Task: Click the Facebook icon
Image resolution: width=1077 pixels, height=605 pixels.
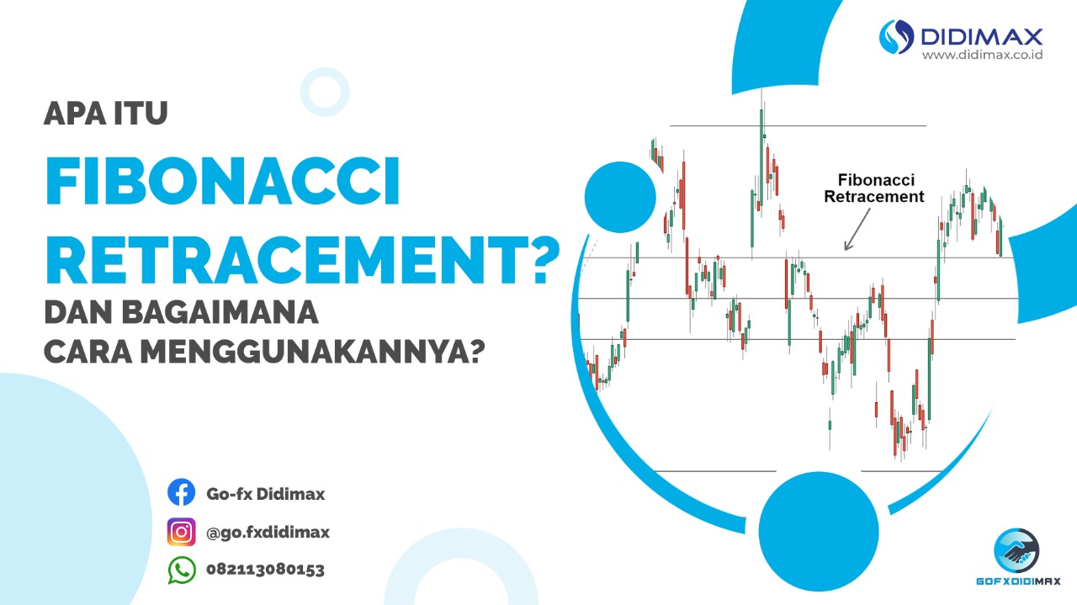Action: [x=181, y=492]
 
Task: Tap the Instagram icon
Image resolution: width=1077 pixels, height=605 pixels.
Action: [x=181, y=532]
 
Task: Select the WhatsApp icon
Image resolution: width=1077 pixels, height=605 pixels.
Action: [x=182, y=571]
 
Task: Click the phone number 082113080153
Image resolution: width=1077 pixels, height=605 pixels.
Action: [x=265, y=570]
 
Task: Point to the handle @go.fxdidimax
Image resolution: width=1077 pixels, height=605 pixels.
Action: [x=268, y=533]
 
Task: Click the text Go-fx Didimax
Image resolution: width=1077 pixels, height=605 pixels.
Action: [x=265, y=494]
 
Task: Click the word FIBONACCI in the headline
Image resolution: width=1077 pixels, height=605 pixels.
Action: [x=223, y=182]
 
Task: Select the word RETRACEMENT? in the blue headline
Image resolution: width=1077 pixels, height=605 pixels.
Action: [x=303, y=260]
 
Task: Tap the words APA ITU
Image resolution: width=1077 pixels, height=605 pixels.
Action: [x=106, y=114]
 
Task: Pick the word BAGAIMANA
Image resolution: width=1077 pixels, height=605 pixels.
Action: [x=220, y=312]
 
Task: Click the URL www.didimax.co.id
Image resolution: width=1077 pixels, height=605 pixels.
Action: [x=982, y=55]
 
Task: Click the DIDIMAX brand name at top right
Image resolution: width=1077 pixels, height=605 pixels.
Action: [x=981, y=36]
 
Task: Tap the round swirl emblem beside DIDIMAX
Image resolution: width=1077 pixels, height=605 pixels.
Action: [x=896, y=36]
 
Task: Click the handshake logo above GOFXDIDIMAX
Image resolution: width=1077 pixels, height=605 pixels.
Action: [x=1016, y=551]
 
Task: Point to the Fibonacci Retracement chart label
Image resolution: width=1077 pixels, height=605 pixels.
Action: [x=874, y=188]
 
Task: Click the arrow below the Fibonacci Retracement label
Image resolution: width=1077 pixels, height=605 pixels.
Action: [x=857, y=230]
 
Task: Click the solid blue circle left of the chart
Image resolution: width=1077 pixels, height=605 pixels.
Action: [x=620, y=197]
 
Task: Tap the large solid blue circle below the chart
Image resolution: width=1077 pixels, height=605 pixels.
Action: [x=819, y=532]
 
